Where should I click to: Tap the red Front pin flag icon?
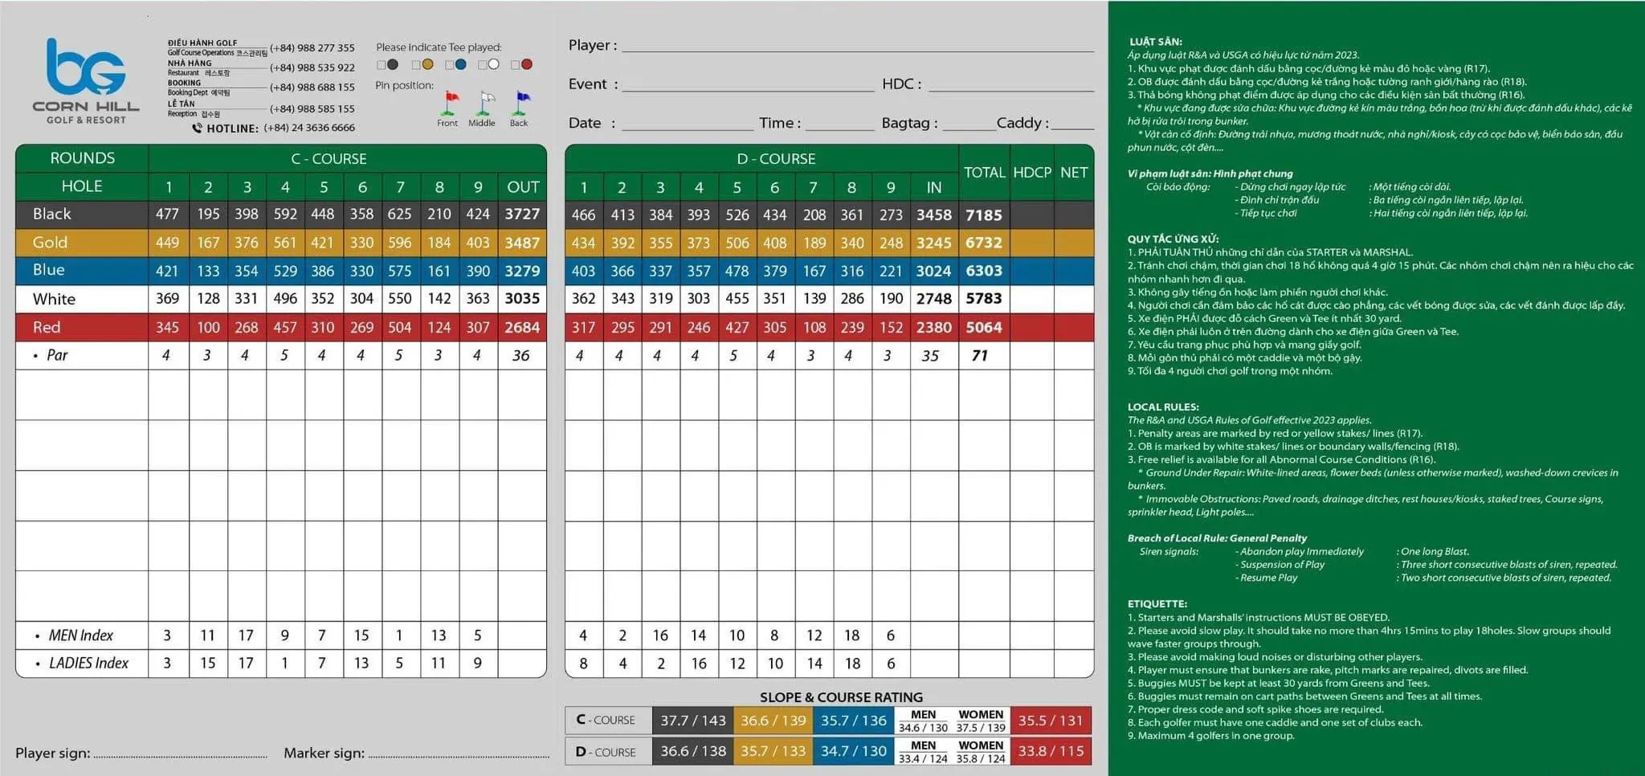451,102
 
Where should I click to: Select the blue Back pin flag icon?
521,102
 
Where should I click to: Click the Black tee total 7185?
984,215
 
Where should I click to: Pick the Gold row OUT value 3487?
522,243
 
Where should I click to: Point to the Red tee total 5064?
984,327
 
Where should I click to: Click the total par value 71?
980,355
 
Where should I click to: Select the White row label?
54,299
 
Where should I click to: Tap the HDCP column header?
1032,173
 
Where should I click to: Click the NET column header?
1074,173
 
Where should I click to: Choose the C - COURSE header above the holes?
329,159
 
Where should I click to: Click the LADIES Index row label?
88,664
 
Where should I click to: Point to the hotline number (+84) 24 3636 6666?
309,128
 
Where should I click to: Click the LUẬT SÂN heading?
1156,42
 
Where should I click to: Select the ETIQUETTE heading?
1157,604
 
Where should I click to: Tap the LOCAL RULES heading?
1163,407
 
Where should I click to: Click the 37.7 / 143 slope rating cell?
693,721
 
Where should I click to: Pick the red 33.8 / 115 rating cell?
1051,751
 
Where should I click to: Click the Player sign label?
52,753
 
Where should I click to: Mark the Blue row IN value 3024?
933,271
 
